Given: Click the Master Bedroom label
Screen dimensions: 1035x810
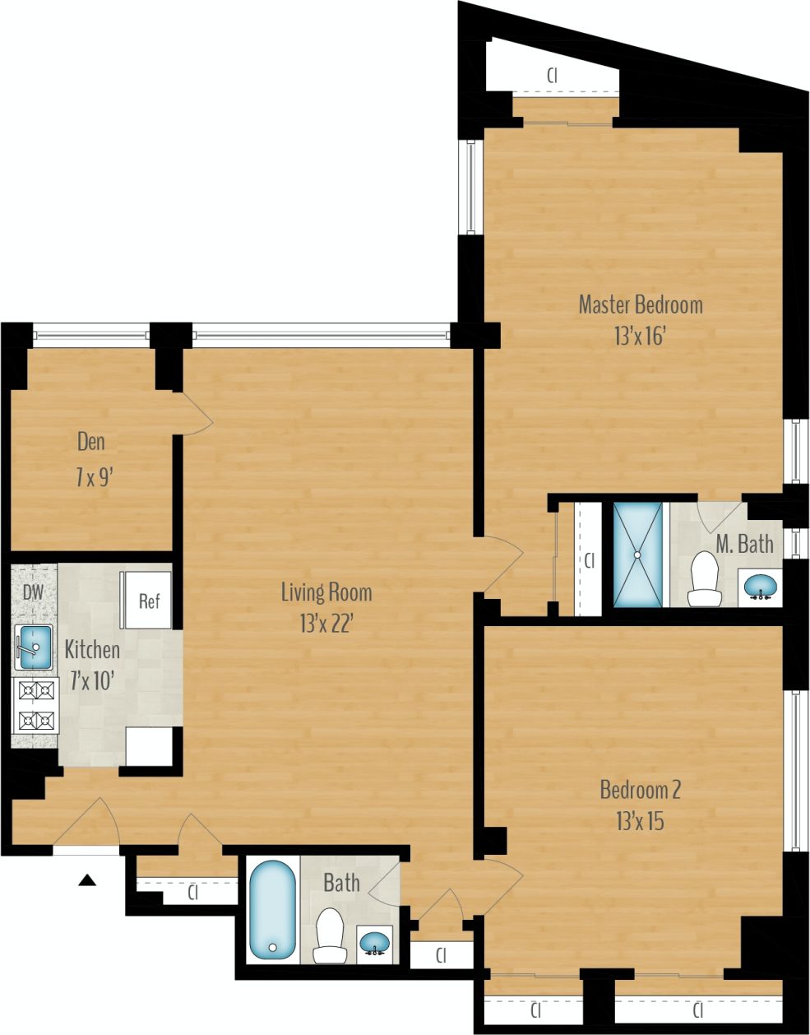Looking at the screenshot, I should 641,304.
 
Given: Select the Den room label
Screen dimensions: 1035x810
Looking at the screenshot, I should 91,442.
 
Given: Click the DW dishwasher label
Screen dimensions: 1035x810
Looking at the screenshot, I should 33,592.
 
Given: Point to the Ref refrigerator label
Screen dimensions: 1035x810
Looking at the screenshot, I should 149,601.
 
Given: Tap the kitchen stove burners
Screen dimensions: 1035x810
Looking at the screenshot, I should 35,705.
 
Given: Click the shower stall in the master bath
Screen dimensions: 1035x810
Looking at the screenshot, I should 637,555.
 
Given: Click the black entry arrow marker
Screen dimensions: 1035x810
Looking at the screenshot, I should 87,881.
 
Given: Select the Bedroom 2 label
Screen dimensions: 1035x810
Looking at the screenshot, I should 640,791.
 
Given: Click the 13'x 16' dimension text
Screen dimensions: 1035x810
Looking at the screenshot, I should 639,336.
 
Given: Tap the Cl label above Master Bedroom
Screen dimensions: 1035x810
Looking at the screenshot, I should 553,75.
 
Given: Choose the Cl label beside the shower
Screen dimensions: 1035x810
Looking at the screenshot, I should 589,561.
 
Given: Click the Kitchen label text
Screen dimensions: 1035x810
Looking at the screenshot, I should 92,650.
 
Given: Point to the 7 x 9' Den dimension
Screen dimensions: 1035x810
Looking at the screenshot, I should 90,477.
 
